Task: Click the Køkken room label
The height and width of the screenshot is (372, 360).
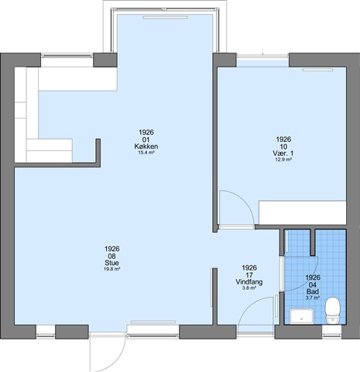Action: tap(146, 146)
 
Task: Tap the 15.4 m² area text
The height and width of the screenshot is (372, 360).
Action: tap(146, 153)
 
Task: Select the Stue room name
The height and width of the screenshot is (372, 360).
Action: tap(112, 263)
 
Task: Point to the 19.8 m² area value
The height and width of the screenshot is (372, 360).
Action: tap(112, 269)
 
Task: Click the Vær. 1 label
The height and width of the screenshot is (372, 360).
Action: tap(283, 153)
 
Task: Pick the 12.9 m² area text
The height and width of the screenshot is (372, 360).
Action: tap(283, 160)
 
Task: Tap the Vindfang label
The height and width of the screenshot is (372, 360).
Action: tap(249, 281)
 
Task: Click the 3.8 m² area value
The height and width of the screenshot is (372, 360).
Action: tap(249, 288)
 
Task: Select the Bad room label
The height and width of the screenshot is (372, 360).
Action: tap(313, 291)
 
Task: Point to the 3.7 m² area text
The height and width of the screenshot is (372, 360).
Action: tap(313, 298)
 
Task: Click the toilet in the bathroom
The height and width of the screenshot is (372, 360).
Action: tap(332, 311)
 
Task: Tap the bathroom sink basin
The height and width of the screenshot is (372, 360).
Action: tap(301, 316)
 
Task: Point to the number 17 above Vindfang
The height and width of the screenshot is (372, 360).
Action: tap(249, 275)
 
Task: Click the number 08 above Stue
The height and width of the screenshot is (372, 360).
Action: tap(112, 256)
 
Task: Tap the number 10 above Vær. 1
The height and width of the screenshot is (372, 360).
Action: tap(283, 146)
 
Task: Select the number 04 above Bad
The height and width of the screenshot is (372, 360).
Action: tap(313, 284)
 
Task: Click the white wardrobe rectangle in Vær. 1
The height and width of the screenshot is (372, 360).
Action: tap(303, 212)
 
